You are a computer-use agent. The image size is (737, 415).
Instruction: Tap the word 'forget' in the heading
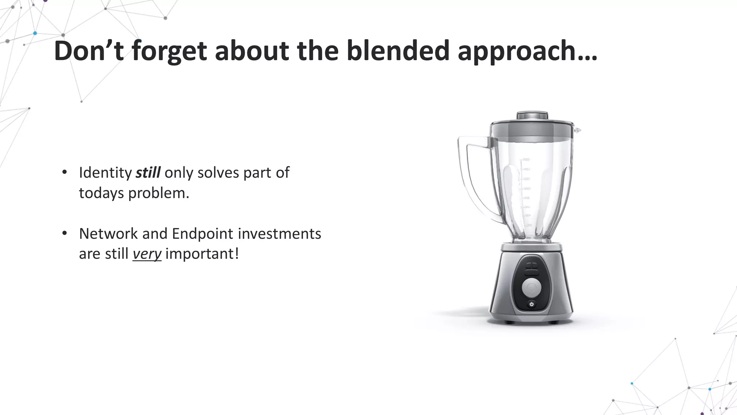pyautogui.click(x=169, y=51)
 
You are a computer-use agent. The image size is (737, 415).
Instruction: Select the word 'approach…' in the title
pyautogui.click(x=527, y=51)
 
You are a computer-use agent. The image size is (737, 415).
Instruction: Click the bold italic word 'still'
pyautogui.click(x=148, y=173)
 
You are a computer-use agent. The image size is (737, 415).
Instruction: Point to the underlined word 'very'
pyautogui.click(x=147, y=254)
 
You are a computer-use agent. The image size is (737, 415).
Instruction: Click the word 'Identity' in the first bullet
pyautogui.click(x=105, y=173)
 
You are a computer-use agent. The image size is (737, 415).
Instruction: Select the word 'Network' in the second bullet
pyautogui.click(x=108, y=234)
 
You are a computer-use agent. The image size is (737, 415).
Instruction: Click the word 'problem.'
pyautogui.click(x=159, y=193)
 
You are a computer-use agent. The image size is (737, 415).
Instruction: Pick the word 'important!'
pyautogui.click(x=202, y=254)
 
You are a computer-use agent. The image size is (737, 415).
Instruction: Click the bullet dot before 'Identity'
pyautogui.click(x=64, y=172)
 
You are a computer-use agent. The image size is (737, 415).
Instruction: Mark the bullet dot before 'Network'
pyautogui.click(x=64, y=233)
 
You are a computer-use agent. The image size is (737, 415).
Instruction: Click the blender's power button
pyautogui.click(x=532, y=304)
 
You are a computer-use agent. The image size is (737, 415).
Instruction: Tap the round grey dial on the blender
pyautogui.click(x=532, y=287)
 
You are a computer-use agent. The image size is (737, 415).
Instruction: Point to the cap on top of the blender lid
pyautogui.click(x=532, y=116)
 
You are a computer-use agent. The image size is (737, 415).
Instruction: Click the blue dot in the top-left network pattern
pyautogui.click(x=35, y=33)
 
